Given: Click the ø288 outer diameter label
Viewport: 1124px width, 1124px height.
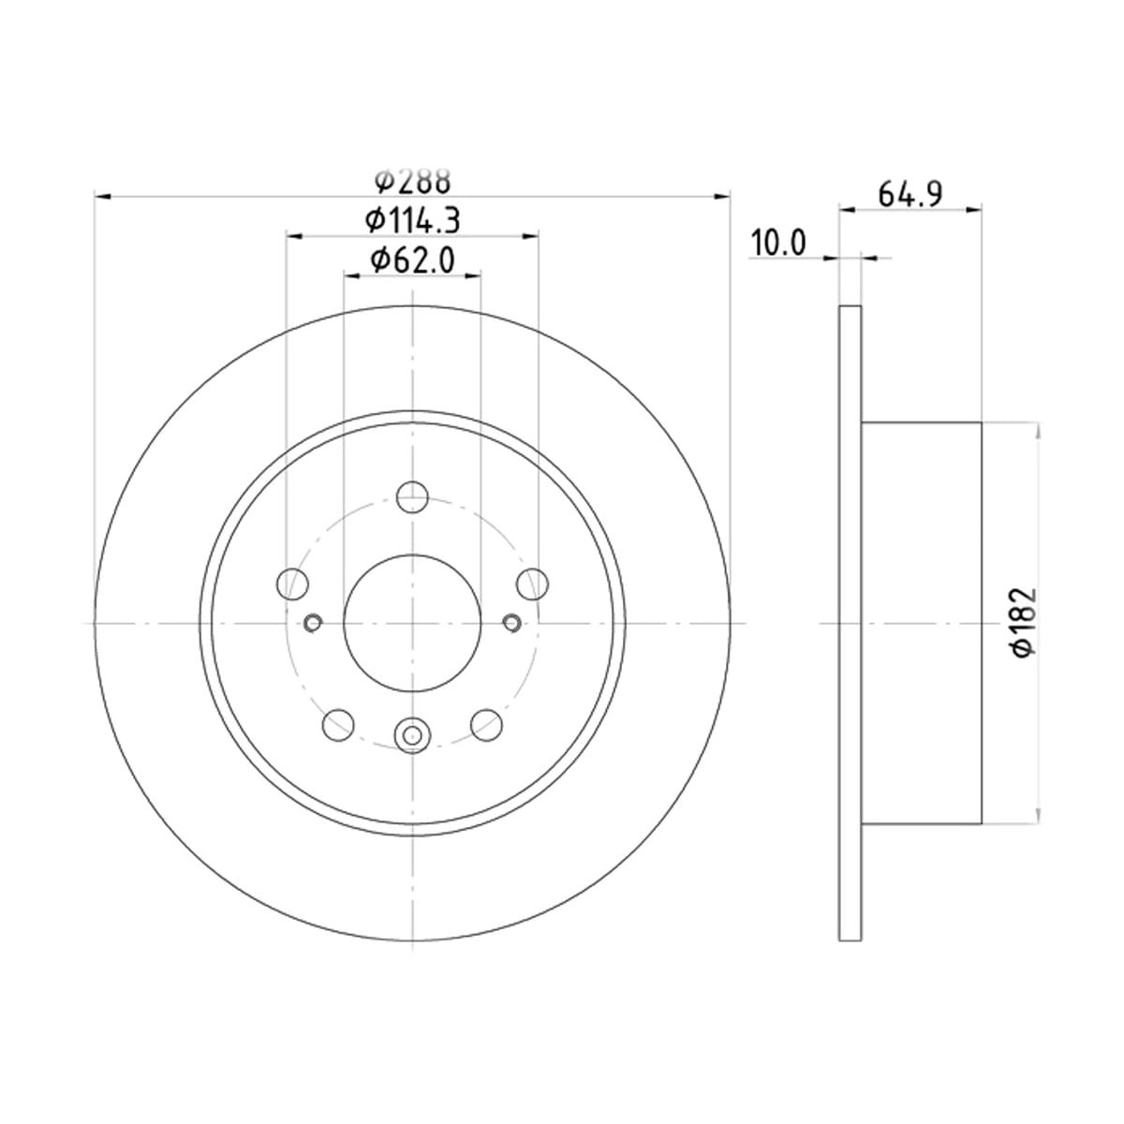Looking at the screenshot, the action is [x=412, y=181].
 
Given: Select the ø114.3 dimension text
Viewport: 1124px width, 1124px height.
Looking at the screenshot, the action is [x=413, y=221].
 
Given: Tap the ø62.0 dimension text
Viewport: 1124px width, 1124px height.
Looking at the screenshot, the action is [x=412, y=260].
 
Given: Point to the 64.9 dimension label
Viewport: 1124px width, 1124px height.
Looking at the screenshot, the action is [x=910, y=194].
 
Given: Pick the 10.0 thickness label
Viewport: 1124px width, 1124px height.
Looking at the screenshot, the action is [x=778, y=244].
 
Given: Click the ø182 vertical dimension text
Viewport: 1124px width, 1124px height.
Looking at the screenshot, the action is [x=1025, y=622].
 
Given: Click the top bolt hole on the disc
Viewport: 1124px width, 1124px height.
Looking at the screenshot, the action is [x=412, y=497].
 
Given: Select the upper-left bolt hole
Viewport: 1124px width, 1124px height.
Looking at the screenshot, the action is [x=293, y=584].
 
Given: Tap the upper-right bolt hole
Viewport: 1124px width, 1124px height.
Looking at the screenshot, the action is [x=533, y=584].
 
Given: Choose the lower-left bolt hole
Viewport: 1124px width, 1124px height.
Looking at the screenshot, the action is [x=338, y=725].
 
